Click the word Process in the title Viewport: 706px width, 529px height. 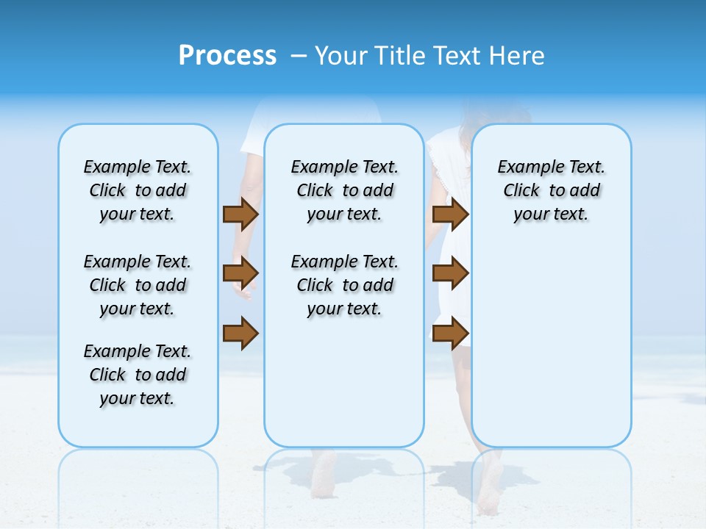[x=227, y=56]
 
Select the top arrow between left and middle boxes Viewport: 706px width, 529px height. [x=240, y=214]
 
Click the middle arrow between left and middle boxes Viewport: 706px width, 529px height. [x=240, y=273]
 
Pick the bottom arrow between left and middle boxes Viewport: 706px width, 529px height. [x=240, y=334]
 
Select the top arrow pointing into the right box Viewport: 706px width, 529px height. [x=450, y=214]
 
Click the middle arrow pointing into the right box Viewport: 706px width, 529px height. [x=450, y=273]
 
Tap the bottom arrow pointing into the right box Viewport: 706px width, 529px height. [x=450, y=334]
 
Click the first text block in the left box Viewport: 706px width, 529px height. [x=138, y=190]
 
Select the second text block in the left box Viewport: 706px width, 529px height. [x=138, y=285]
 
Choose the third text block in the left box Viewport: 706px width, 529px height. [x=138, y=375]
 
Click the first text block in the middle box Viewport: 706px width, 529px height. [x=344, y=190]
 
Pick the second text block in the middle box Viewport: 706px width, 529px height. [x=344, y=285]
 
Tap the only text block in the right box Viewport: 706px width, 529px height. [x=551, y=190]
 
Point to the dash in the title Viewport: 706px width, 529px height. [x=299, y=56]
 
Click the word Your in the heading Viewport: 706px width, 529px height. [x=342, y=56]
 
